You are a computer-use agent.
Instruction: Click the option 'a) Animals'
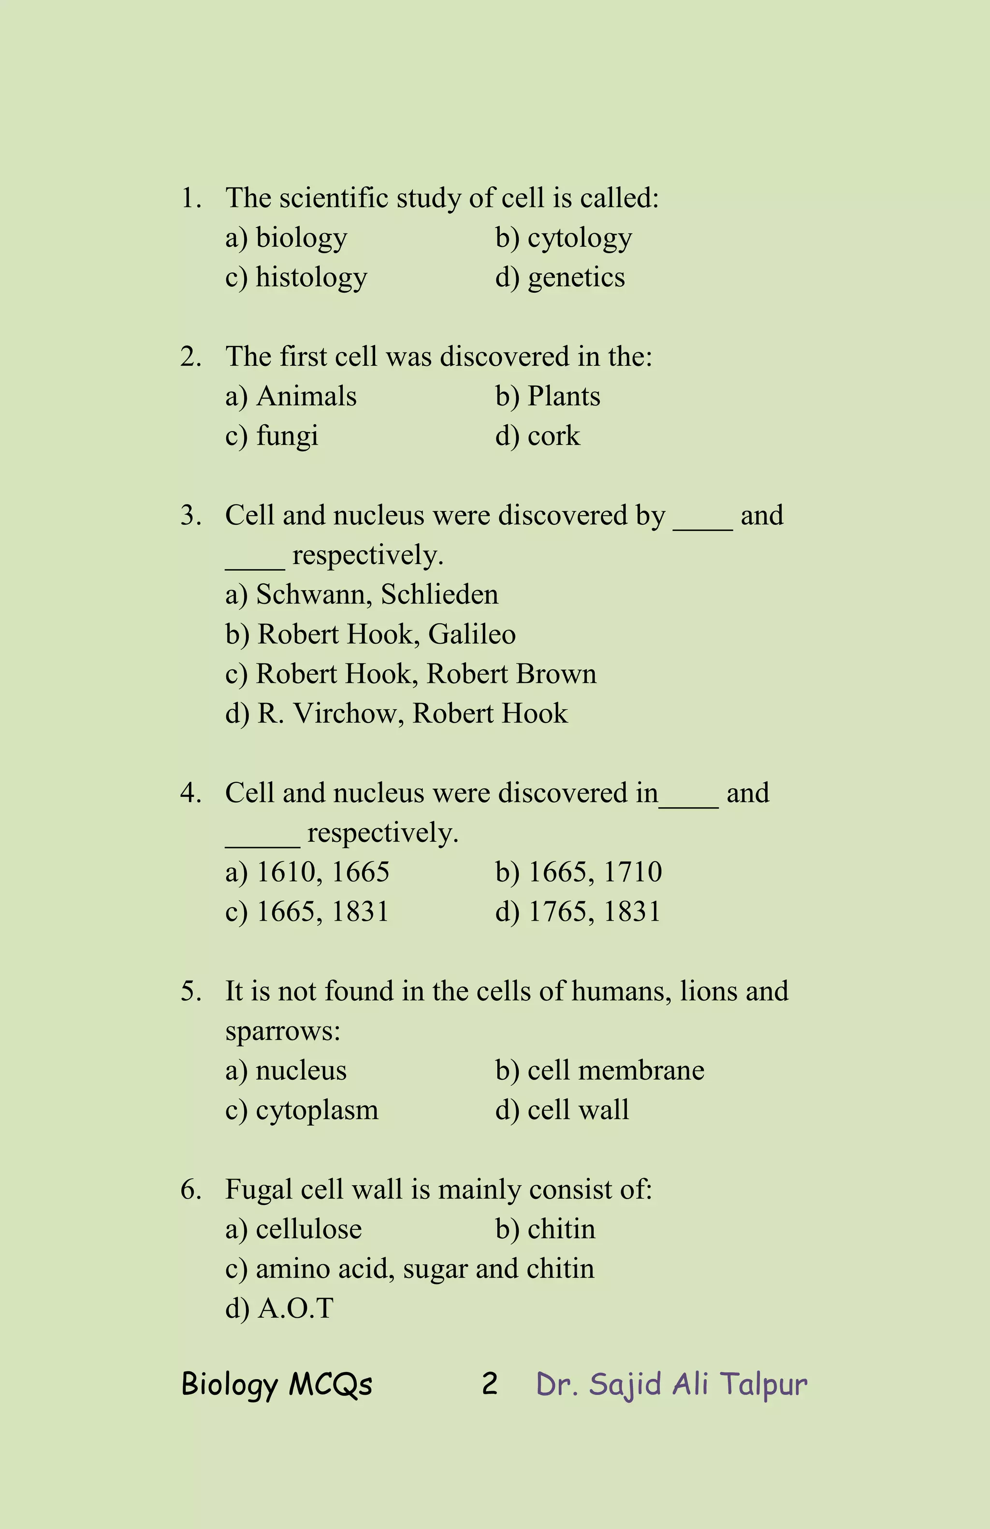tap(291, 396)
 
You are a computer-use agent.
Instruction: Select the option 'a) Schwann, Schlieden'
tap(362, 595)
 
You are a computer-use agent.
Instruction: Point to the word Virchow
tap(345, 714)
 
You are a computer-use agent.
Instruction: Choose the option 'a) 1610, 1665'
tap(307, 872)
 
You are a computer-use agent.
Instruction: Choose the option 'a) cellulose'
tap(293, 1229)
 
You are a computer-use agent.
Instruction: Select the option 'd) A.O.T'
tap(279, 1309)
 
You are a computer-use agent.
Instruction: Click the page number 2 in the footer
tap(490, 1384)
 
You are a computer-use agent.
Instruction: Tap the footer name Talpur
tap(763, 1385)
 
